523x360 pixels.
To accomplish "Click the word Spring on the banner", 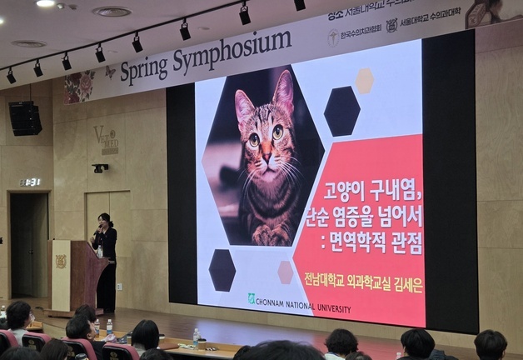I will [143, 69].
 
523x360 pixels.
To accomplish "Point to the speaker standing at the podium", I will [105, 258].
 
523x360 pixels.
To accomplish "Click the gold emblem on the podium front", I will [61, 262].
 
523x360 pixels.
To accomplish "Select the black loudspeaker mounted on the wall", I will [25, 118].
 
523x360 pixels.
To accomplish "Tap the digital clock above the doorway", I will [30, 182].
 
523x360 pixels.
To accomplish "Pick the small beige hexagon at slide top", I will [365, 80].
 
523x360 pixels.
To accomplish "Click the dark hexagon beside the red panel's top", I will [341, 111].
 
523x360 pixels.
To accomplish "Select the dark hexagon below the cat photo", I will [222, 270].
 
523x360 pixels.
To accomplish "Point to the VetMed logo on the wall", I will [107, 138].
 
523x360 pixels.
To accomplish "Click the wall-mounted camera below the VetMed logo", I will [100, 167].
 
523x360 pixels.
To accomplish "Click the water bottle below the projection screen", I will [196, 337].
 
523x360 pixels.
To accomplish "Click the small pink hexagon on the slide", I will [286, 272].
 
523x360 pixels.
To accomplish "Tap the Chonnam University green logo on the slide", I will [251, 297].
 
